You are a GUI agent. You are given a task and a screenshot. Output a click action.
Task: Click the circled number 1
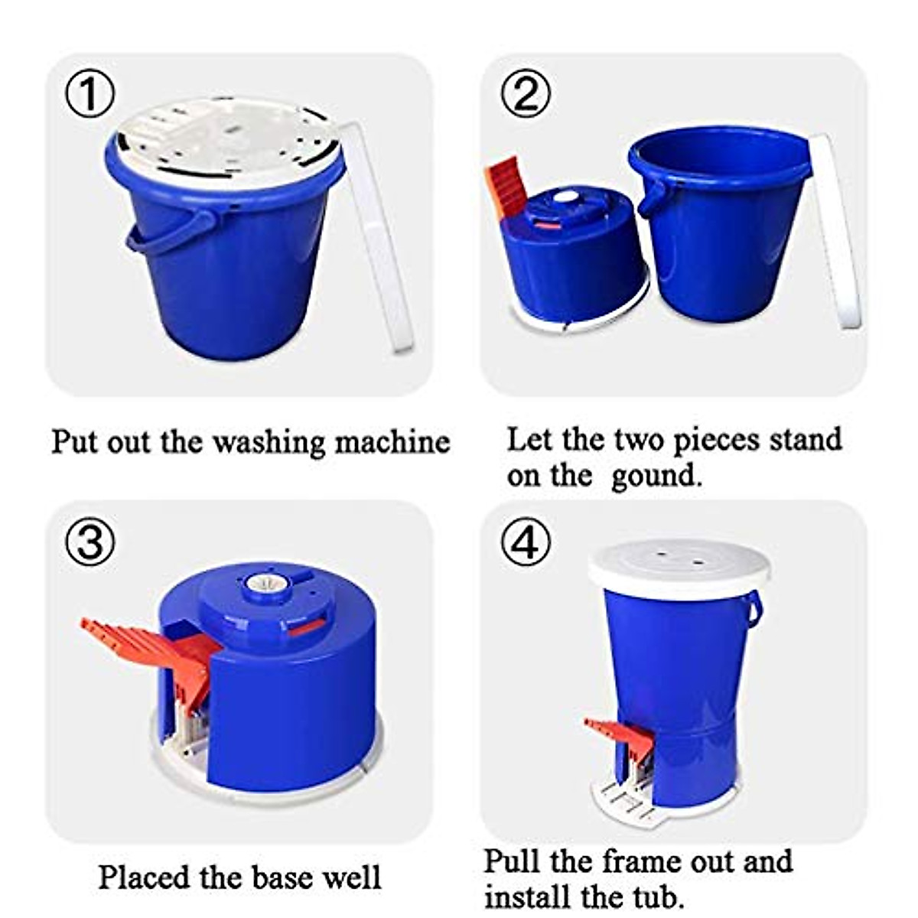tap(90, 96)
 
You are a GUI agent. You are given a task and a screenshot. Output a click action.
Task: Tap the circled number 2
tap(526, 96)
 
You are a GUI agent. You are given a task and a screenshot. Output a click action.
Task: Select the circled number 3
tap(90, 543)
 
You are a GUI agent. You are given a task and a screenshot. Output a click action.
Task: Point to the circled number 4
tap(526, 543)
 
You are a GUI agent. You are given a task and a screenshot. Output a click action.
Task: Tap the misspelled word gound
tap(656, 476)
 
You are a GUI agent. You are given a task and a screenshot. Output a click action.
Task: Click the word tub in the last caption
tap(650, 895)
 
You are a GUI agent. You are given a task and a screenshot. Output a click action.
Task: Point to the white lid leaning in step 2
tap(836, 229)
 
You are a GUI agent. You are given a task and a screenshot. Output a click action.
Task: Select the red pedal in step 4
tap(620, 734)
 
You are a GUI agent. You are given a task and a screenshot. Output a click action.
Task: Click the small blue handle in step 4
tap(754, 608)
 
